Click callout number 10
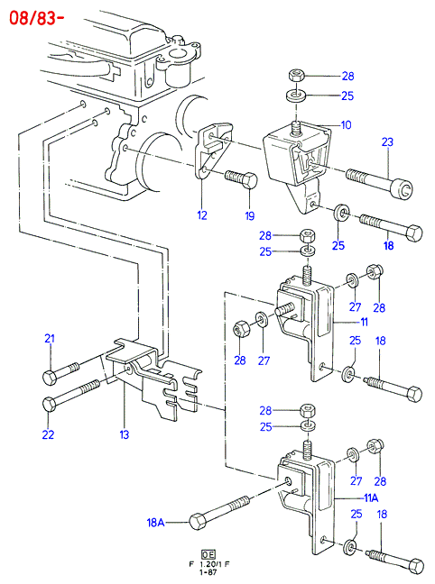(x=347, y=124)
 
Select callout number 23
(x=388, y=141)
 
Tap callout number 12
(x=202, y=215)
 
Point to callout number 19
(x=250, y=215)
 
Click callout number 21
(x=50, y=339)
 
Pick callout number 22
(x=48, y=434)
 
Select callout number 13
(x=125, y=434)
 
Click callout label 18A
(x=155, y=523)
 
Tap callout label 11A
(x=371, y=498)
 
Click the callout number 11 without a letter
(x=364, y=322)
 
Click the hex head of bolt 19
(x=251, y=180)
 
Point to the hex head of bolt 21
(x=50, y=378)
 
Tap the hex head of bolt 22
(x=50, y=405)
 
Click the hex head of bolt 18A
(x=198, y=522)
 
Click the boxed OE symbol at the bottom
(x=208, y=554)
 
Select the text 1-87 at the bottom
(x=208, y=572)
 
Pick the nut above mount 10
(x=296, y=76)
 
